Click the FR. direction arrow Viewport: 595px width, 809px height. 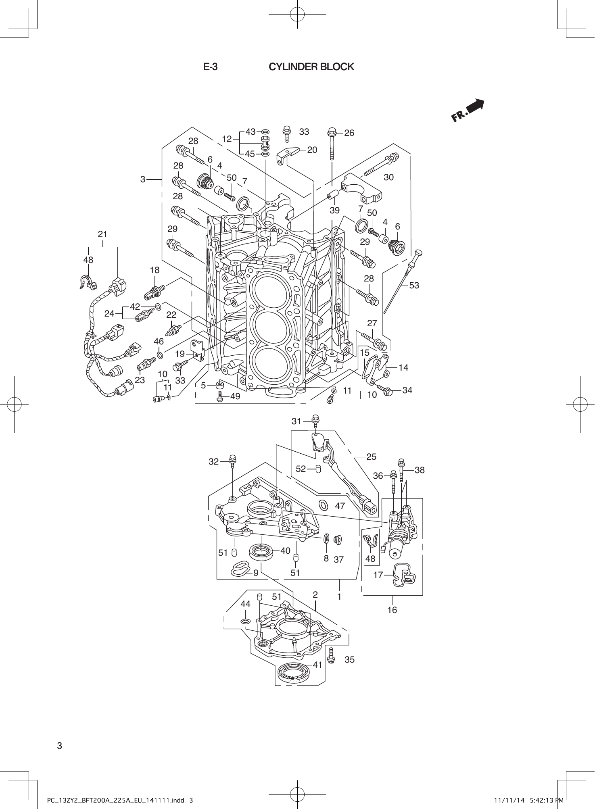[x=468, y=111]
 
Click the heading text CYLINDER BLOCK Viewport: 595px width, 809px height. [x=311, y=67]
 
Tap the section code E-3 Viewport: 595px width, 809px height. [x=210, y=67]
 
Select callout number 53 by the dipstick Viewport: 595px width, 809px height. [x=414, y=285]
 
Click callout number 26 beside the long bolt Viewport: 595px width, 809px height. [x=349, y=133]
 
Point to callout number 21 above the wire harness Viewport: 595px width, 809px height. [x=102, y=234]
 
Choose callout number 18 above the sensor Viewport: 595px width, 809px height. [x=154, y=270]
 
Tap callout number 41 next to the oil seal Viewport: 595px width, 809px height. [x=317, y=665]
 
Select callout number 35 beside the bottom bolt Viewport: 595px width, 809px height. [x=349, y=660]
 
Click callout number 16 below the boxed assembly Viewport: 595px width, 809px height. [x=392, y=610]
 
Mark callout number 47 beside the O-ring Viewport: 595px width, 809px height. [x=340, y=506]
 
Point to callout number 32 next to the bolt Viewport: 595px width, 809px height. [x=213, y=462]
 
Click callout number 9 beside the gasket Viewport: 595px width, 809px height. [x=256, y=573]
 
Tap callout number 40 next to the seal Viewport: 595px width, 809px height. [x=285, y=550]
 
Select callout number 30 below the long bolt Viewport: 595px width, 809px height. [x=388, y=177]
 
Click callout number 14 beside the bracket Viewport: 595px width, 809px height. [x=403, y=367]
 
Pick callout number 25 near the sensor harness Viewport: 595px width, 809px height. [x=371, y=457]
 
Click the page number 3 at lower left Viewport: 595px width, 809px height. [x=59, y=745]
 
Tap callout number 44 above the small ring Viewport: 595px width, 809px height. [x=245, y=604]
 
